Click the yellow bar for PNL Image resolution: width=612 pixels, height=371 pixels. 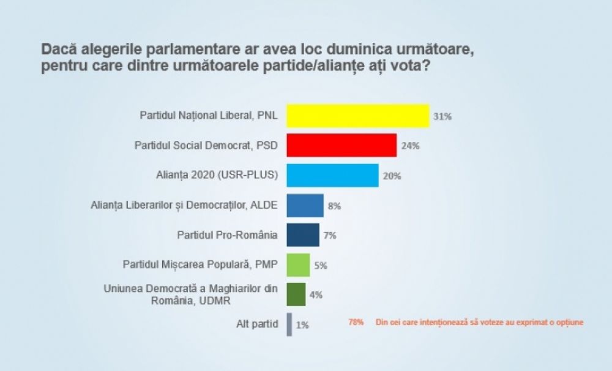358,116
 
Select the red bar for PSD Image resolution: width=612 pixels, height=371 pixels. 341,146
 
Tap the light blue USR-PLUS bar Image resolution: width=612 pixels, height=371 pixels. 332,175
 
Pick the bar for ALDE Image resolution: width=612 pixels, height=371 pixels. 305,206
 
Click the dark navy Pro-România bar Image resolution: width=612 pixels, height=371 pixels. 303,235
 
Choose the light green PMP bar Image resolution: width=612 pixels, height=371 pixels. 298,265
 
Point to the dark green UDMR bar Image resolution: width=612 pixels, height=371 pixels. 296,294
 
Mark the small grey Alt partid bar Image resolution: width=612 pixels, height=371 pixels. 289,324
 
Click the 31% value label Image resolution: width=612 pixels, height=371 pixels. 442,116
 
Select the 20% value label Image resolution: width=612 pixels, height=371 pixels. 392,176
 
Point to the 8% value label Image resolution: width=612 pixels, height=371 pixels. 334,206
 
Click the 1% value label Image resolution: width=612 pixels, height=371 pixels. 302,325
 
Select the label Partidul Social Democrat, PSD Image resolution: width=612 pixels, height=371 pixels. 206,146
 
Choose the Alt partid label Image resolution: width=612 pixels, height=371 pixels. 257,324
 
